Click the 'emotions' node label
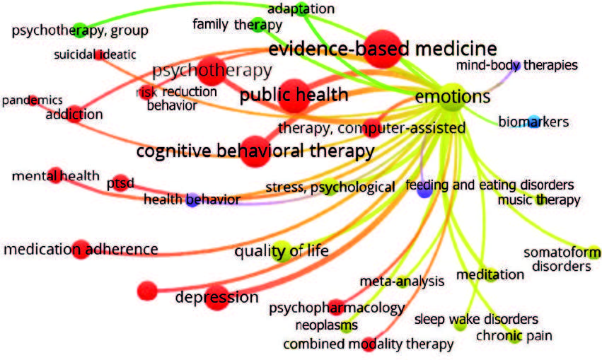click(x=453, y=96)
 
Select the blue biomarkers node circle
click(x=534, y=121)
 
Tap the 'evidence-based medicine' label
click(x=382, y=49)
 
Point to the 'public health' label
click(x=294, y=95)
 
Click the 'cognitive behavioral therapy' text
click(x=255, y=151)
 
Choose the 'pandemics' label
click(x=32, y=100)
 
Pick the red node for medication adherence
click(x=80, y=249)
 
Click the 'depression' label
click(x=217, y=297)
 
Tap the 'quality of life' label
click(x=282, y=250)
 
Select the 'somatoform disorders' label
click(x=561, y=260)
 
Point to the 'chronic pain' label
click(x=514, y=336)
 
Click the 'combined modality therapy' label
click(x=368, y=344)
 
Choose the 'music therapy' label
click(x=538, y=200)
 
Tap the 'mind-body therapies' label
click(x=516, y=66)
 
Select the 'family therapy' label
click(x=237, y=25)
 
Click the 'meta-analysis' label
click(x=402, y=281)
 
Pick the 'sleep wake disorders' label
click(x=476, y=319)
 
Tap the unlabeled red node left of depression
click(x=147, y=290)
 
